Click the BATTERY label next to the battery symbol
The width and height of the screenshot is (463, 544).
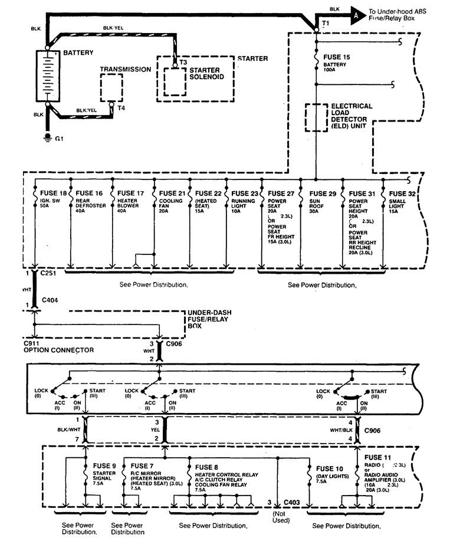pos(78,53)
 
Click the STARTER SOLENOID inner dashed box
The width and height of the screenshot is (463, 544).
pos(175,81)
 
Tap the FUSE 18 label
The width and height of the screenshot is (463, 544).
pos(54,193)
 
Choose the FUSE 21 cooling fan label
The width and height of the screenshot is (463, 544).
pos(172,193)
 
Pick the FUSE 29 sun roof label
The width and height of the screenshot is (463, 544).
pos(323,193)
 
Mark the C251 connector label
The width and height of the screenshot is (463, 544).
pos(48,274)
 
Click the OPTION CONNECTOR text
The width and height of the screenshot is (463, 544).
pos(58,349)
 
